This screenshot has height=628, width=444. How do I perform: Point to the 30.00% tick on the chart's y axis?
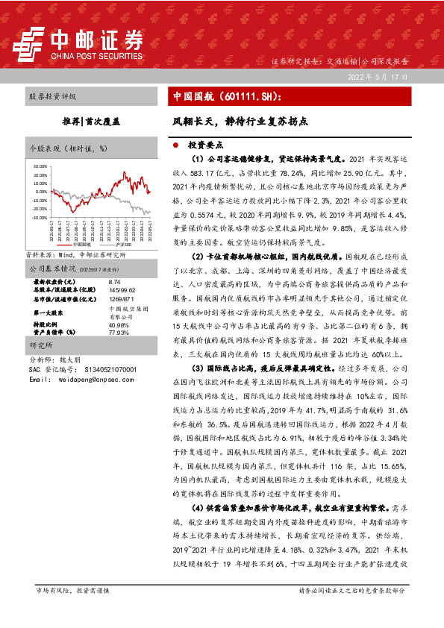coord(40,166)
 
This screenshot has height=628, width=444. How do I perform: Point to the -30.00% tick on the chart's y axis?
coord(40,219)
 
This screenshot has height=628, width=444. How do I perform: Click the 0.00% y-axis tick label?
coord(41,192)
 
